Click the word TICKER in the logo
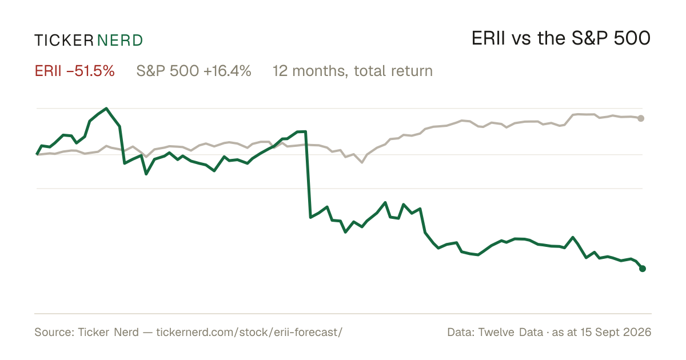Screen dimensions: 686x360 tap(64, 41)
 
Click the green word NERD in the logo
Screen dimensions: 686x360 tap(119, 41)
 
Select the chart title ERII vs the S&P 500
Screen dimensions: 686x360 tap(561, 38)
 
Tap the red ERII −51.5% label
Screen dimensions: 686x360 tap(75, 71)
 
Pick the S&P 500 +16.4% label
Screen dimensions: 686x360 tap(194, 71)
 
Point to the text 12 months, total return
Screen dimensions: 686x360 tap(353, 71)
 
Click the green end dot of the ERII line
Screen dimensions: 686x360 tap(643, 269)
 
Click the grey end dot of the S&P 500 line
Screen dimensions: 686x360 tap(641, 118)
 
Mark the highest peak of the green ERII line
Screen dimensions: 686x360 tap(106, 109)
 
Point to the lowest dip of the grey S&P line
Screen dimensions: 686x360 tap(362, 162)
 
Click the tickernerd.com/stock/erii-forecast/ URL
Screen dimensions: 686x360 tap(249, 332)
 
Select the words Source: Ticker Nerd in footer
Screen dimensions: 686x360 tap(87, 332)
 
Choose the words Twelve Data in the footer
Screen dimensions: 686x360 tap(510, 332)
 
